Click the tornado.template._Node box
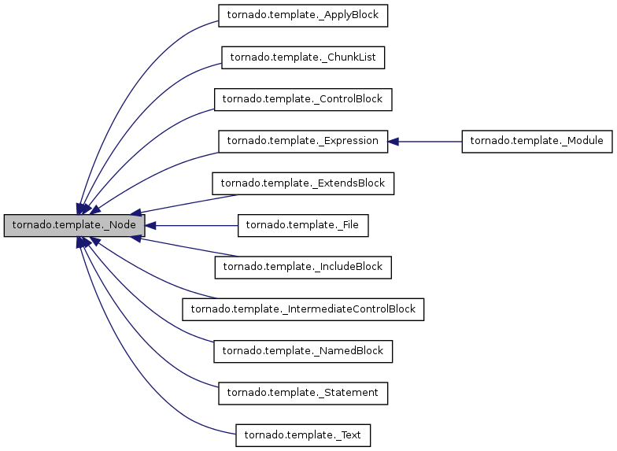pyautogui.click(x=74, y=225)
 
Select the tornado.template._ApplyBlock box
pyautogui.click(x=303, y=15)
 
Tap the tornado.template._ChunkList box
pyautogui.click(x=303, y=57)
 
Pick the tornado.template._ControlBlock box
pyautogui.click(x=303, y=99)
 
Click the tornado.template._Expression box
pyautogui.click(x=303, y=141)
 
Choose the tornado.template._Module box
pyautogui.click(x=537, y=141)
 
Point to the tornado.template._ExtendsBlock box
pyautogui.click(x=303, y=183)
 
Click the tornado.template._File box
pyautogui.click(x=303, y=225)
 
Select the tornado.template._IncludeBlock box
pyautogui.click(x=303, y=267)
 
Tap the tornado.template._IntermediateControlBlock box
pyautogui.click(x=303, y=309)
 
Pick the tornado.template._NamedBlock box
pyautogui.click(x=303, y=351)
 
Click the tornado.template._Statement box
pyautogui.click(x=303, y=393)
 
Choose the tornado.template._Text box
pyautogui.click(x=303, y=434)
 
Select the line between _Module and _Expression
pyautogui.click(x=429, y=142)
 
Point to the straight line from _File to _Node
pyautogui.click(x=197, y=225)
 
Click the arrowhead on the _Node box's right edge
pyautogui.click(x=150, y=225)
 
